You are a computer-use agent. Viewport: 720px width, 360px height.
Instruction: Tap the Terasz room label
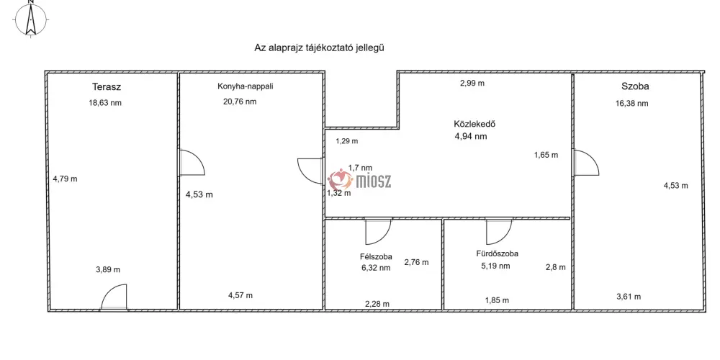[x=107, y=86]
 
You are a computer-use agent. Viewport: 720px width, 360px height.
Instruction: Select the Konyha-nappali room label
[x=246, y=86]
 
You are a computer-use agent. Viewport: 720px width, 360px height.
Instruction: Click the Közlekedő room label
[x=474, y=124]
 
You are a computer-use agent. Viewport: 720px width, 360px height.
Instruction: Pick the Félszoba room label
[x=376, y=257]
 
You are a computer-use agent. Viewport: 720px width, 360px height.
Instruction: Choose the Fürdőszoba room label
[x=498, y=253]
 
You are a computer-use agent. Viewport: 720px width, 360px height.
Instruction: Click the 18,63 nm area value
[x=105, y=103]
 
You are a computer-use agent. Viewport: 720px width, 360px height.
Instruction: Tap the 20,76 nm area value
[x=240, y=102]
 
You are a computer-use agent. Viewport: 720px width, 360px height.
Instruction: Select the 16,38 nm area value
[x=632, y=103]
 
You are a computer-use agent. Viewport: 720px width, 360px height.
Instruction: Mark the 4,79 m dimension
[x=66, y=179]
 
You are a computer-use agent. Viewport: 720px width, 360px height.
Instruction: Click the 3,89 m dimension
[x=108, y=269]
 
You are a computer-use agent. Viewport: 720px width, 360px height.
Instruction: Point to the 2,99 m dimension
[x=472, y=83]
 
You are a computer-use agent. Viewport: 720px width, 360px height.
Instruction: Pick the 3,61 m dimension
[x=628, y=297]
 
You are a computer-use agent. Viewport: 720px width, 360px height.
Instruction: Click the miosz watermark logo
[x=359, y=179]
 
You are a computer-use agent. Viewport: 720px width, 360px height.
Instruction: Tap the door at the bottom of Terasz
[x=114, y=297]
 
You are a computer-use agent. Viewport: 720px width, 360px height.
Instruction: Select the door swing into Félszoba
[x=379, y=231]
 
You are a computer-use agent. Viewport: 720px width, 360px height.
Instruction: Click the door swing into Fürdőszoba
[x=499, y=231]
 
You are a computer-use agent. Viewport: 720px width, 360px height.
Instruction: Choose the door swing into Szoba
[x=586, y=163]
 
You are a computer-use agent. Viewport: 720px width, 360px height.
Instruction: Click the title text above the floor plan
[x=319, y=48]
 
